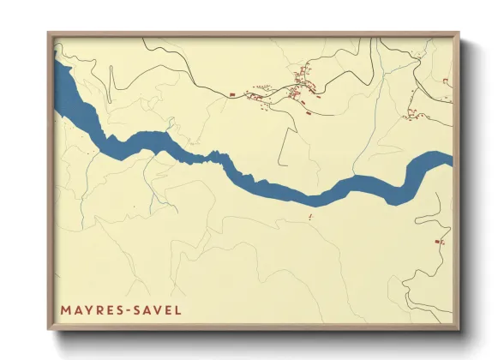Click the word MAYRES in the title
91,309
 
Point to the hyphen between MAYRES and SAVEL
128,309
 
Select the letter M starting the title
65,309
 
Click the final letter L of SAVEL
178,309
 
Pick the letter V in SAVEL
159,309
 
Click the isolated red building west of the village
231,90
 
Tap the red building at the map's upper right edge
446,81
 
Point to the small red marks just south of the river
309,218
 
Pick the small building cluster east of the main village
413,111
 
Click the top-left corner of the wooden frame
48,33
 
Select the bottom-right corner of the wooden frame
460,330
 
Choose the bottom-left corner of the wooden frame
48,330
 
